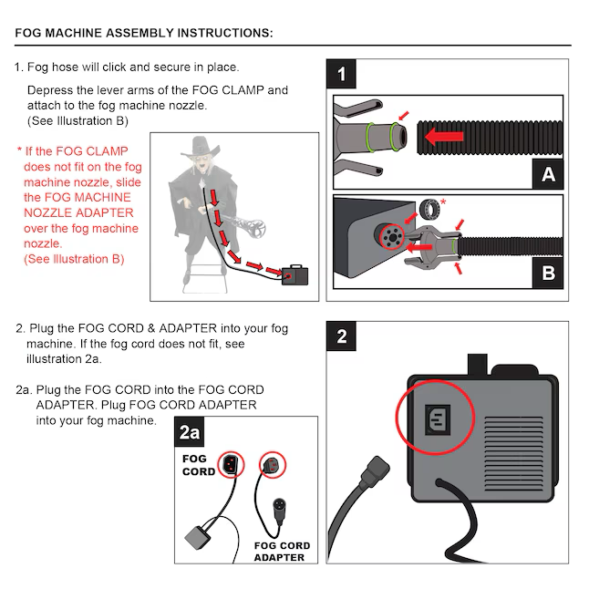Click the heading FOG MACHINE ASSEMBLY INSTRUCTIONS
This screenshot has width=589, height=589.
144,34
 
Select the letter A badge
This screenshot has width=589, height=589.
547,172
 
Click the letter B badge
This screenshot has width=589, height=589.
547,272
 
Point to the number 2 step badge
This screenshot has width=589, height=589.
342,336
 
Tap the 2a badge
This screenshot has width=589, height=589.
190,432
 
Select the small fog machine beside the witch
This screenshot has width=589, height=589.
294,274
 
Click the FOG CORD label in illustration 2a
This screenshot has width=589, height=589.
199,465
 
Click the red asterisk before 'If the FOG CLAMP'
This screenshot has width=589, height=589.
19,150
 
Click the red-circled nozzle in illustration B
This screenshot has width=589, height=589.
394,239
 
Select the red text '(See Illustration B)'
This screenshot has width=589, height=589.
73,259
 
